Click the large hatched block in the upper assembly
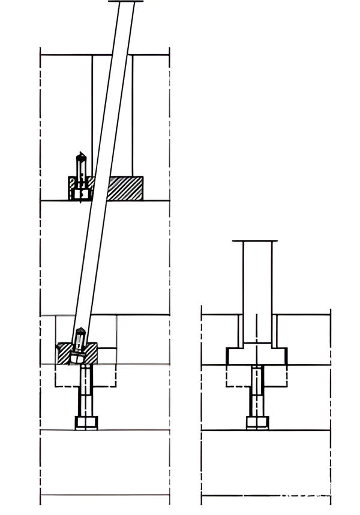pyautogui.click(x=125, y=188)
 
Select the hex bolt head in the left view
pyautogui.click(x=86, y=423)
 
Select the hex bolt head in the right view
pyautogui.click(x=257, y=423)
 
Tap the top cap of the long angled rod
pyautogui.click(x=127, y=2)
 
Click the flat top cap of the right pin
pyautogui.click(x=256, y=241)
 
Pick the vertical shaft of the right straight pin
pyautogui.click(x=257, y=288)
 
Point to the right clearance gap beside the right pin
pyautogui.click(x=274, y=330)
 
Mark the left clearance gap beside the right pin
pyautogui.click(x=241, y=330)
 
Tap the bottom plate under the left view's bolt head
pyautogui.click(x=104, y=462)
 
